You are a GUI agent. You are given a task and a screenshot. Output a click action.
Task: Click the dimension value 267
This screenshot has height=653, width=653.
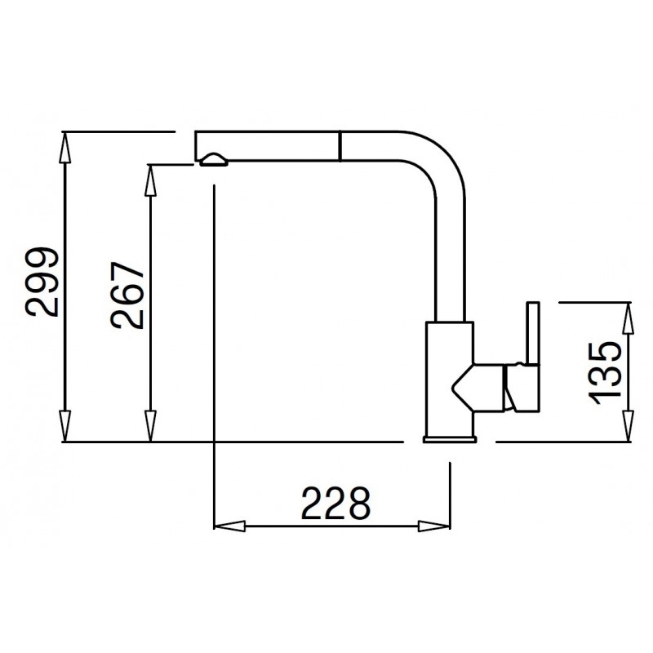click(129, 295)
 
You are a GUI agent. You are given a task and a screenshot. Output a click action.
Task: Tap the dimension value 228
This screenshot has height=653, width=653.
click(335, 503)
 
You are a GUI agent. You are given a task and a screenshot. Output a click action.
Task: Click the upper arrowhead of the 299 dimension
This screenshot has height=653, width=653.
click(64, 144)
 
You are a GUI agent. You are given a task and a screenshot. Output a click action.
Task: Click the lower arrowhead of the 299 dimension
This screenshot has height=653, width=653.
click(64, 428)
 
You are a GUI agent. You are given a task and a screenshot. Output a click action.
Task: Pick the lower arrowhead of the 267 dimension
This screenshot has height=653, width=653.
click(150, 428)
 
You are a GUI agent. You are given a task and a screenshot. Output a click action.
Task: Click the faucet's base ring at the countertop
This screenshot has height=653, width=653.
click(449, 441)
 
